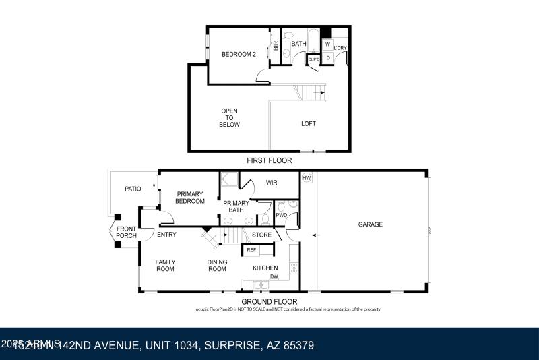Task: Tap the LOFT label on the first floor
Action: pyautogui.click(x=309, y=123)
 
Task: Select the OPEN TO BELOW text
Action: pyautogui.click(x=230, y=118)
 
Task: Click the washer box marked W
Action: pyautogui.click(x=327, y=44)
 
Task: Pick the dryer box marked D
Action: pyautogui.click(x=327, y=58)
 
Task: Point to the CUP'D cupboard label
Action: pyautogui.click(x=313, y=60)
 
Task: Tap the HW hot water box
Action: pyautogui.click(x=307, y=178)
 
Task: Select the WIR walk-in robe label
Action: pyautogui.click(x=272, y=183)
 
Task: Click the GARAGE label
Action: pyautogui.click(x=370, y=224)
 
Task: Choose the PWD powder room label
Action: pyautogui.click(x=282, y=215)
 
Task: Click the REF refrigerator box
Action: pyautogui.click(x=251, y=250)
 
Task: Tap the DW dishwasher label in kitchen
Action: pyautogui.click(x=274, y=277)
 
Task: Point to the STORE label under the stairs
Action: pyautogui.click(x=261, y=235)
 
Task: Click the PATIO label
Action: pyautogui.click(x=133, y=189)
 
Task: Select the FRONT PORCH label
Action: pyautogui.click(x=126, y=233)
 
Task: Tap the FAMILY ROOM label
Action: pyautogui.click(x=165, y=266)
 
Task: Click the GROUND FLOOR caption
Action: pyautogui.click(x=269, y=301)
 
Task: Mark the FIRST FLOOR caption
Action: pyautogui.click(x=269, y=161)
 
